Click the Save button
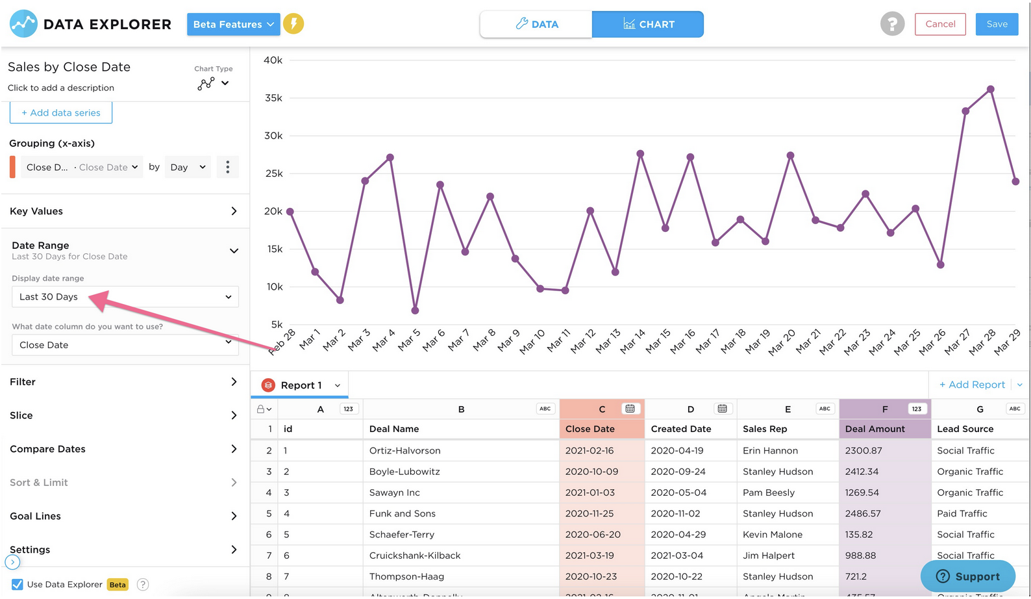pos(996,24)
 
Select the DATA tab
pos(536,24)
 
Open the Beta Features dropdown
pos(233,24)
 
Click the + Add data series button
pos(61,112)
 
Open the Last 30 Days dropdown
pos(125,297)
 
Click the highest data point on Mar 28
pos(990,89)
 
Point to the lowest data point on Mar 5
pos(415,311)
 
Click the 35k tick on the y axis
pos(273,98)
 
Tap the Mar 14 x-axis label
pos(632,341)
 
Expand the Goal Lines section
pos(123,516)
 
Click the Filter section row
pos(123,382)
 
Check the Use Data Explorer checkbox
pos(18,584)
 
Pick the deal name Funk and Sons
pos(403,513)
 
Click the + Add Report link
pos(971,385)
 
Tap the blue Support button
pos(967,576)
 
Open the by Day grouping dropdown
pos(187,167)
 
